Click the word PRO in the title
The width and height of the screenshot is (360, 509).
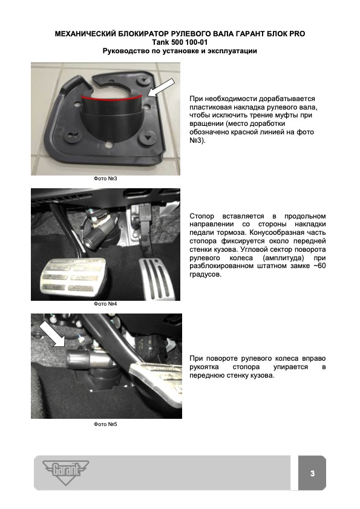point(295,34)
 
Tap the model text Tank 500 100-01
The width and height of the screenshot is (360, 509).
point(180,42)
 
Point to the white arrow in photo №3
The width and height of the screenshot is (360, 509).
point(161,88)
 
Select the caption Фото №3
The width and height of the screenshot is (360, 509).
point(105,179)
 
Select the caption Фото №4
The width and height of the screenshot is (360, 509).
point(105,304)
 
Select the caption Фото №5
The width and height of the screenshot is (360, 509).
point(105,424)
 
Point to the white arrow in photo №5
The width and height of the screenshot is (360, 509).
point(52,335)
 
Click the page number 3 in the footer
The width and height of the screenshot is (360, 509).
point(312,473)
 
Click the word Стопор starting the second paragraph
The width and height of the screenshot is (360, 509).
point(202,216)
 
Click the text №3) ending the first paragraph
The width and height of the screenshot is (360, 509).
point(197,140)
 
